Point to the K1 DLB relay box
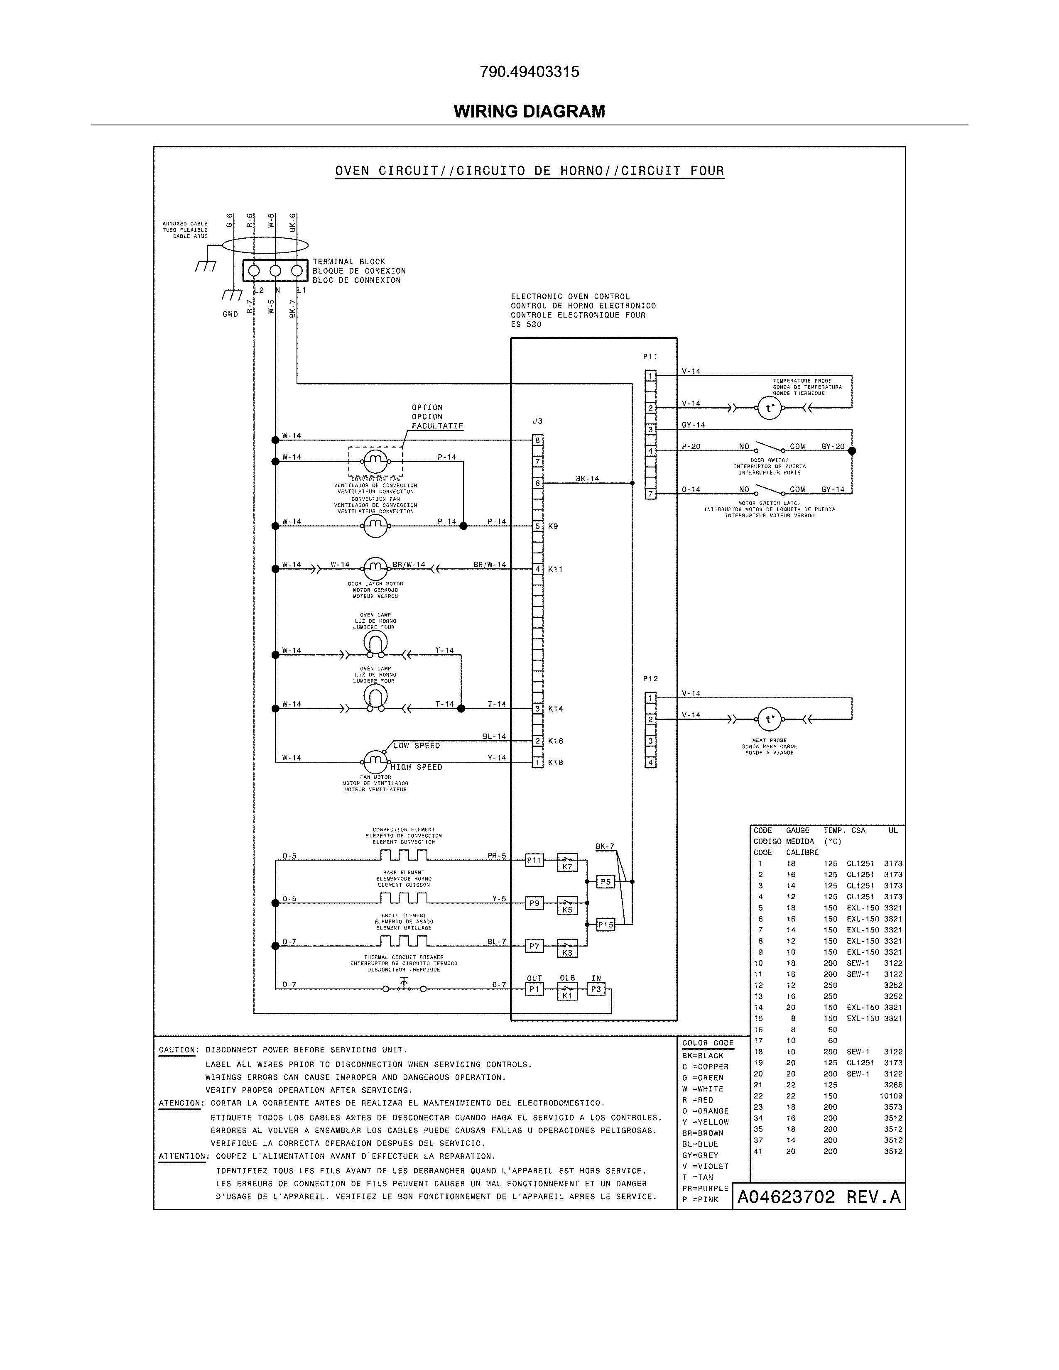[567, 991]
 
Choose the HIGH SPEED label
[417, 767]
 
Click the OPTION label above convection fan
[427, 408]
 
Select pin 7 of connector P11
[651, 494]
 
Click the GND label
[230, 314]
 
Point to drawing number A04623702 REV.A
[819, 1197]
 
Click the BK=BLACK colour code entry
[703, 1056]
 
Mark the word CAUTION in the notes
[178, 1050]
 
